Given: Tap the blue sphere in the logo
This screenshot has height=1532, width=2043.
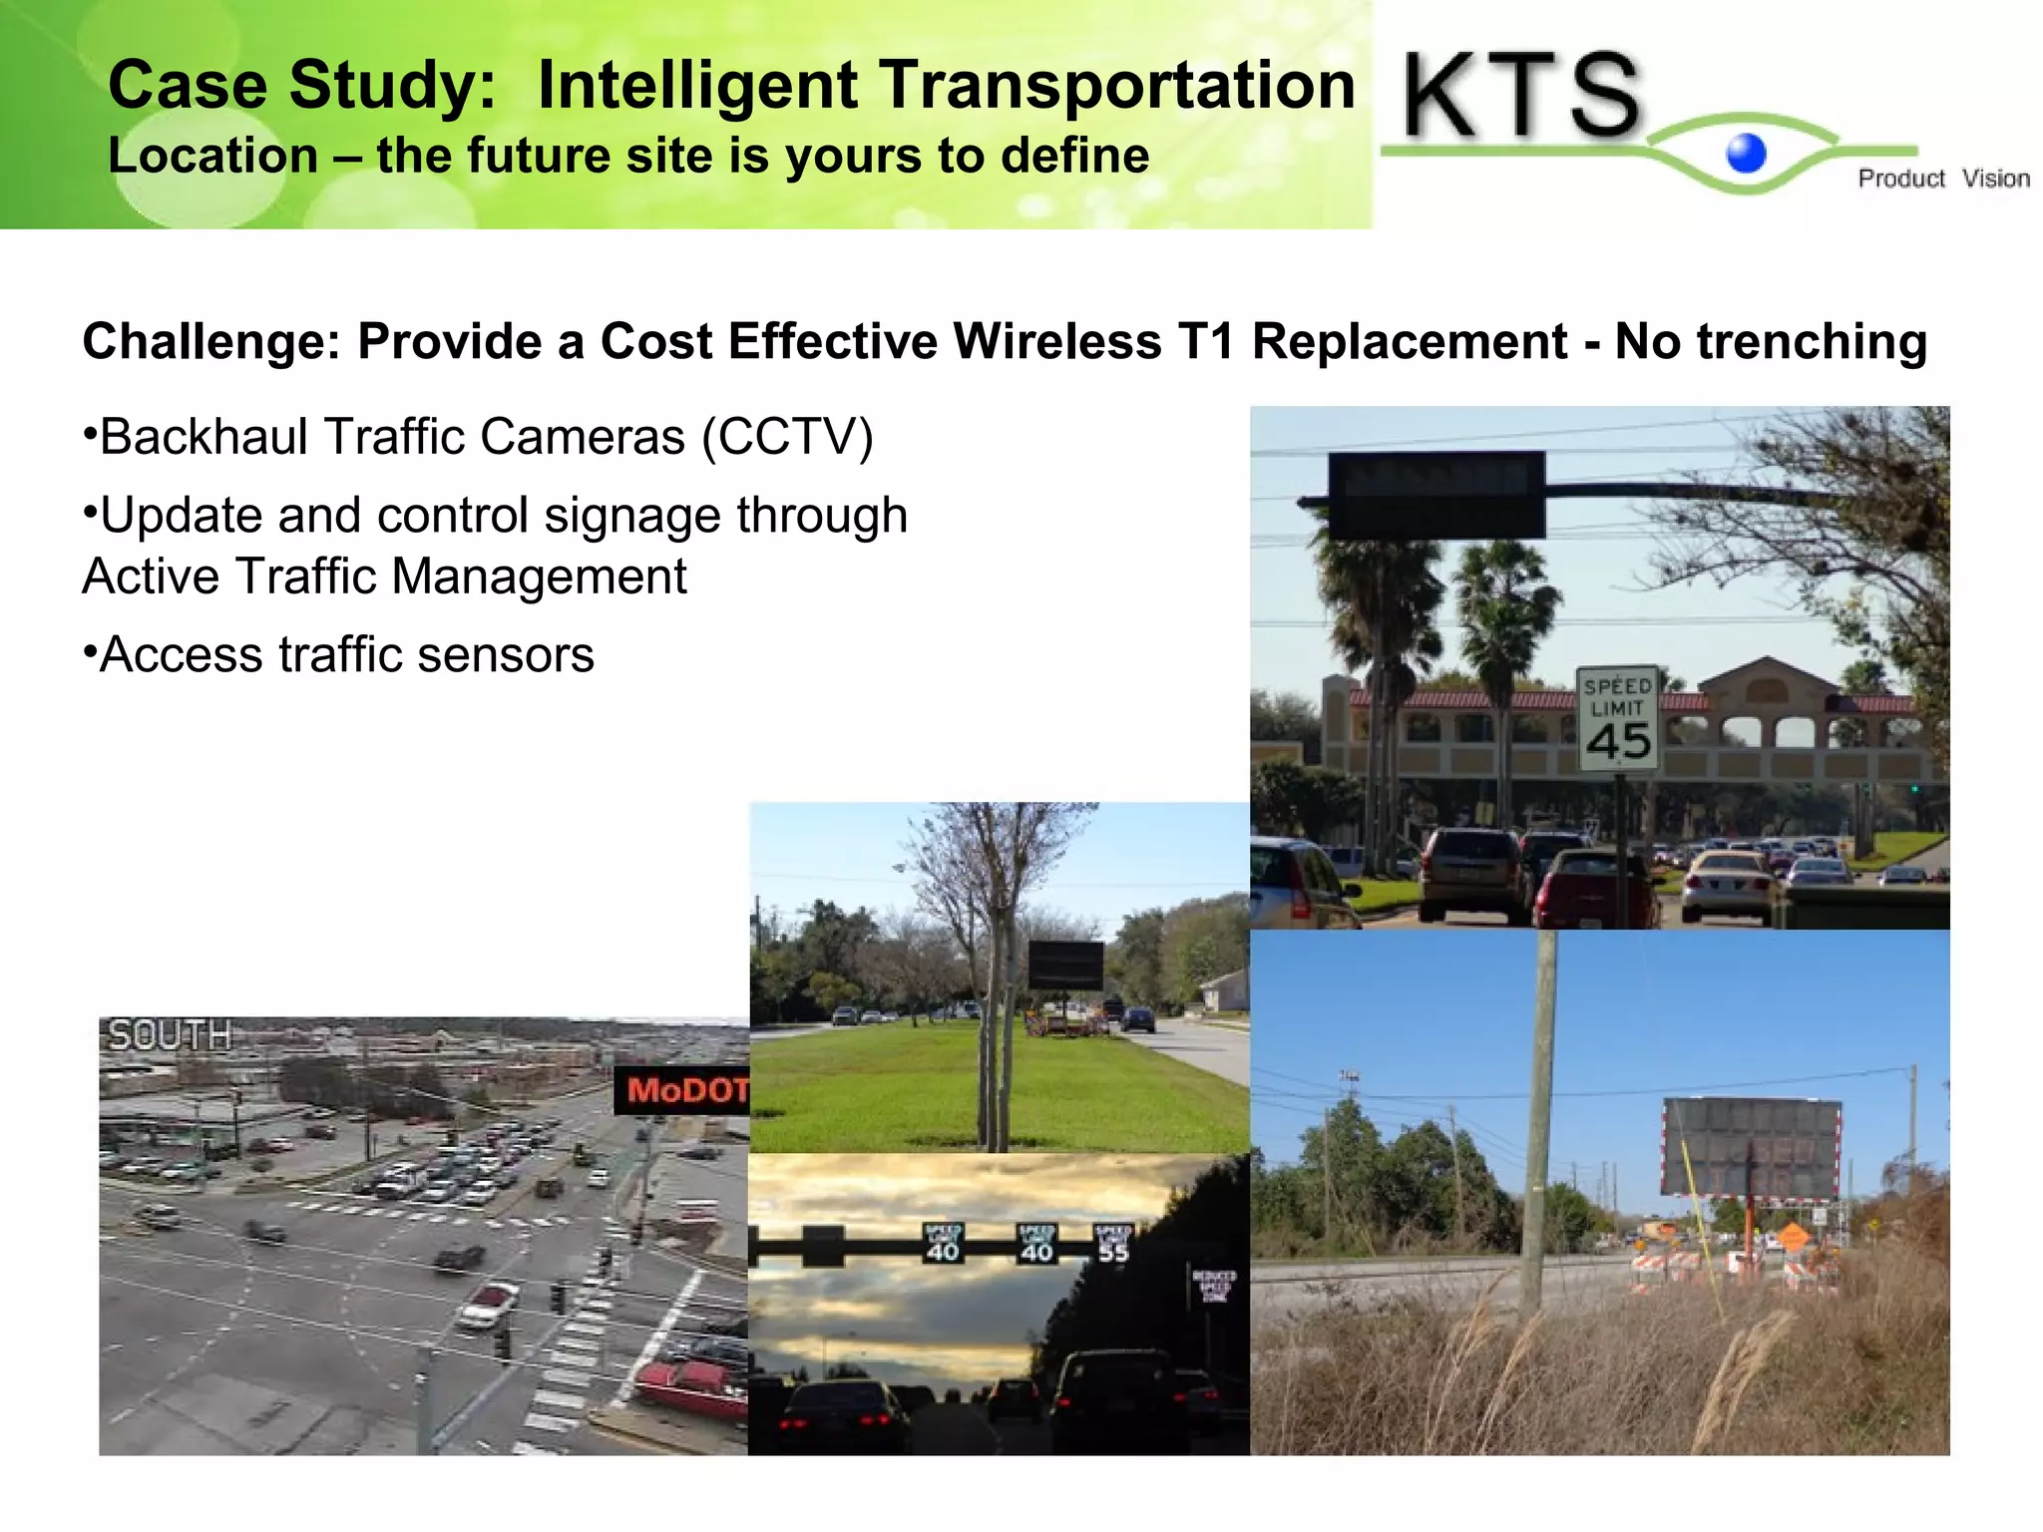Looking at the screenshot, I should pos(1746,154).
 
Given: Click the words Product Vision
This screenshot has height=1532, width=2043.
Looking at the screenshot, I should pos(1942,179).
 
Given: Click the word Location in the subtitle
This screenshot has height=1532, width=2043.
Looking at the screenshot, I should pos(212,157).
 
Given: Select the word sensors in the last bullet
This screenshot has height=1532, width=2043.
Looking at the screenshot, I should pos(506,655).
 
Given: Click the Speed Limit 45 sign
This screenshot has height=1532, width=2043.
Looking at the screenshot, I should pos(1617,718).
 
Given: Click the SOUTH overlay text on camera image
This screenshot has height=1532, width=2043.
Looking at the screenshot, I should pos(170,1035).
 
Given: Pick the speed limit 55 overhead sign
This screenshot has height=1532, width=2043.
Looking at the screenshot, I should pos(1112,1242).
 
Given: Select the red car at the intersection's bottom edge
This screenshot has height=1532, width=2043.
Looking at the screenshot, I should pos(690,1387).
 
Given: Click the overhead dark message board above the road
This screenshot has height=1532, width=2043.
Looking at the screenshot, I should pos(1436,494).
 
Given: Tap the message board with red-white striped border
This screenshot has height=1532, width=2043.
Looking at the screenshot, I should pos(1751,1149).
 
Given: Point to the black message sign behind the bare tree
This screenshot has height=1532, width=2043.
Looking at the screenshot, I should pos(1065,964).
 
